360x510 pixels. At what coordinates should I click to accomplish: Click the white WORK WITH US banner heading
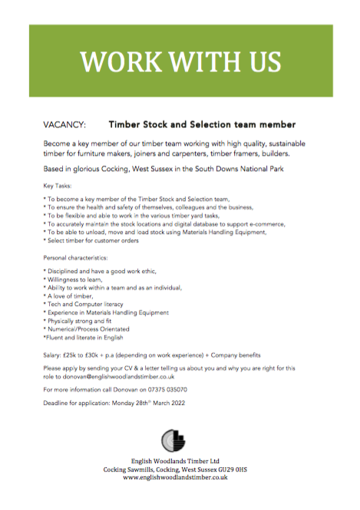[180, 60]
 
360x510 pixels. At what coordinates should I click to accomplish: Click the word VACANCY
[65, 123]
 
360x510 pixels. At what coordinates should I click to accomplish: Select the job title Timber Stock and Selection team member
[202, 123]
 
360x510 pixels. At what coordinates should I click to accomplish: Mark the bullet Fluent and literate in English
[83, 337]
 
